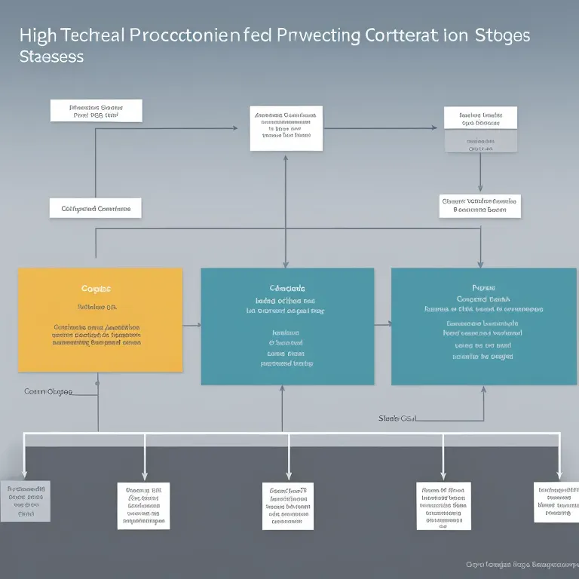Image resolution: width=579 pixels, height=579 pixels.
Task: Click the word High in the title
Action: tap(37, 35)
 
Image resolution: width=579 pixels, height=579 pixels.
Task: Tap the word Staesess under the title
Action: tap(51, 57)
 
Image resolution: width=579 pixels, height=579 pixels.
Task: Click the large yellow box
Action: tap(100, 320)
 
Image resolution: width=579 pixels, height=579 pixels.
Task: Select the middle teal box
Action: tap(287, 326)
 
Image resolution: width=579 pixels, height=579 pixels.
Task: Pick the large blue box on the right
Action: tap(483, 326)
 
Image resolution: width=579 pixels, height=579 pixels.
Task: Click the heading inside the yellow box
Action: tap(96, 289)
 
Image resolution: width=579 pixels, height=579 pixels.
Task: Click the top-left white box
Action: tap(96, 111)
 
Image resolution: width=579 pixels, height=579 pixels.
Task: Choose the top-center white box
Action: tap(286, 127)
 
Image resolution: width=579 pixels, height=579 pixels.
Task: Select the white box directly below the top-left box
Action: tap(95, 208)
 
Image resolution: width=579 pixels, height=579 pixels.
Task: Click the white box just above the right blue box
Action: tap(479, 206)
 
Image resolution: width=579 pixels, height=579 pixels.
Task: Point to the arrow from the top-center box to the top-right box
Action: tap(380, 128)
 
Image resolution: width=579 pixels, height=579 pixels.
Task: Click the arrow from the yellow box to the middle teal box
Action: tap(191, 324)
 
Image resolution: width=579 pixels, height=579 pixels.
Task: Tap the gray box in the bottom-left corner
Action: tap(26, 501)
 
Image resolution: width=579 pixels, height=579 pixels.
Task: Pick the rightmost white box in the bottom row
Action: tap(556, 501)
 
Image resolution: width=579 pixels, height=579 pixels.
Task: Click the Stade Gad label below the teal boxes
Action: tap(397, 418)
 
